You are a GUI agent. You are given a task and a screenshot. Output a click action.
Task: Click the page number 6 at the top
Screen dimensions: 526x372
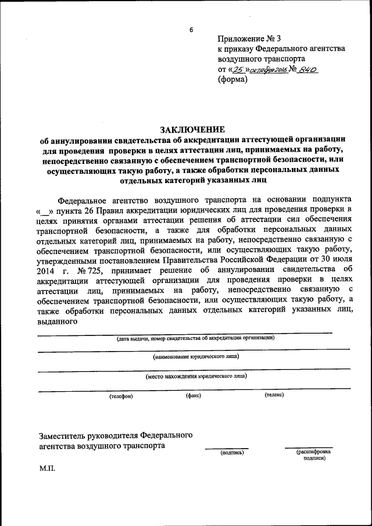(x=189, y=30)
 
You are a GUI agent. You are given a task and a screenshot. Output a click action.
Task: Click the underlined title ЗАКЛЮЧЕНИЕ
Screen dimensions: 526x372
(x=191, y=129)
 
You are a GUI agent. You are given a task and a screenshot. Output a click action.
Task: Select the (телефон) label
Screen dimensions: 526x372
(x=121, y=396)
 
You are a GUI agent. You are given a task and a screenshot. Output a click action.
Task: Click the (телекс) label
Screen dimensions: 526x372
(x=274, y=396)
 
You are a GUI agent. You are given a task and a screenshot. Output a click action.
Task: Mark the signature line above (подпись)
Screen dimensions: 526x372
(x=226, y=448)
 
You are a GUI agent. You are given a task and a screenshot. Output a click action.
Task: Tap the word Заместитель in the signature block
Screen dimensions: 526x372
(x=65, y=435)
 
